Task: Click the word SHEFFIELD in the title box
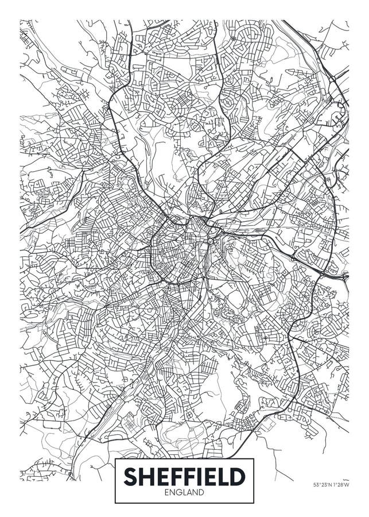(x=185, y=476)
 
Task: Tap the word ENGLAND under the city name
(x=185, y=492)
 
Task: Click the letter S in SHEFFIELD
(x=130, y=476)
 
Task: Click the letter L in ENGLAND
(x=184, y=492)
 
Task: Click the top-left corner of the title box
(x=115, y=458)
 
